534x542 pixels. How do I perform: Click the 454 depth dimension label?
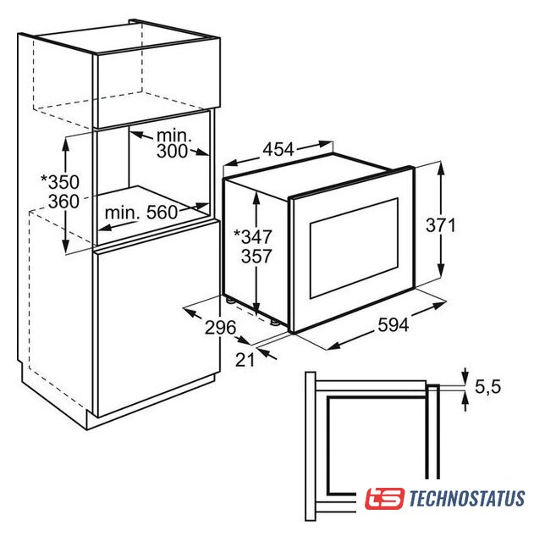[278, 149]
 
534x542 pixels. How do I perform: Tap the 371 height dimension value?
[441, 225]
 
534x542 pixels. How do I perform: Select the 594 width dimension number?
[394, 324]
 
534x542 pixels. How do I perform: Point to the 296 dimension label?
[220, 327]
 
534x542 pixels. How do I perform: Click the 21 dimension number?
[245, 360]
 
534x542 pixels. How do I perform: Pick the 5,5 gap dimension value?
[487, 386]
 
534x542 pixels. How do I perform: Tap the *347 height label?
[253, 236]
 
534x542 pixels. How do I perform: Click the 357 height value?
[256, 256]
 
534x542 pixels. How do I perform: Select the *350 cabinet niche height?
[60, 182]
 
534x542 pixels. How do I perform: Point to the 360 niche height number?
[63, 202]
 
